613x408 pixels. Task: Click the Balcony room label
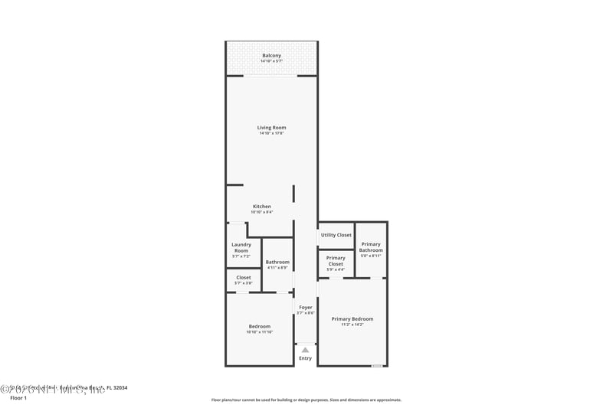pos(271,55)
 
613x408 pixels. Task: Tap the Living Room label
pos(271,127)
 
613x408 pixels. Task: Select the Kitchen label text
pos(262,206)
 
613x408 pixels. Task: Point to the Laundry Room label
pos(241,248)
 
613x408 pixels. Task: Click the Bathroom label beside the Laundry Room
pos(277,262)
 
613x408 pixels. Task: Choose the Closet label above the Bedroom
pos(244,277)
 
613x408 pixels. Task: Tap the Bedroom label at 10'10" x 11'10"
pos(260,326)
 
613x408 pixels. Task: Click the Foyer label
pos(305,307)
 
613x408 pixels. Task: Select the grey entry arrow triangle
pos(305,350)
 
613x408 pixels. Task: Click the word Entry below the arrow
pos(305,358)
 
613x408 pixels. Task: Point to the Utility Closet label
pos(336,235)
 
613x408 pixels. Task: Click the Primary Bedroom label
pos(352,318)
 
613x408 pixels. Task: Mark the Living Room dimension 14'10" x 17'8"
pos(271,134)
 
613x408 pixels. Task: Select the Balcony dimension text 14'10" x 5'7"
pos(271,61)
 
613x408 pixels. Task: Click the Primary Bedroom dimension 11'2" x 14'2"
pos(352,325)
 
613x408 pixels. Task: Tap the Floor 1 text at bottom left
pos(18,398)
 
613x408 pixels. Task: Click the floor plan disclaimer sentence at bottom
pos(306,400)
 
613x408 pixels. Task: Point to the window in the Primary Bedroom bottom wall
pos(376,366)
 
